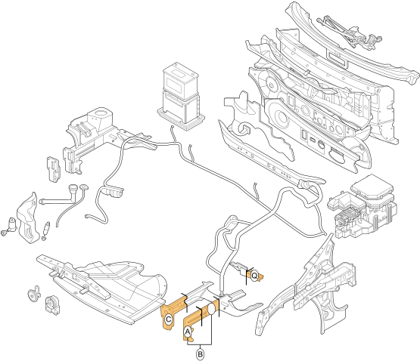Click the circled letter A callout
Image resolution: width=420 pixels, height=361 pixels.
pyautogui.click(x=188, y=330)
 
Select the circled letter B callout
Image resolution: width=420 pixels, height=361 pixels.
pyautogui.click(x=200, y=353)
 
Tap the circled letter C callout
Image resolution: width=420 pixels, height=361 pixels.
pyautogui.click(x=169, y=319)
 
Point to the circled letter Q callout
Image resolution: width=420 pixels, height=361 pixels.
pyautogui.click(x=254, y=275)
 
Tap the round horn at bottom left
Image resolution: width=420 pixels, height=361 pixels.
pyautogui.click(x=51, y=304)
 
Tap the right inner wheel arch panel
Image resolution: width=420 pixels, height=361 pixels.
pyautogui.click(x=318, y=287)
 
